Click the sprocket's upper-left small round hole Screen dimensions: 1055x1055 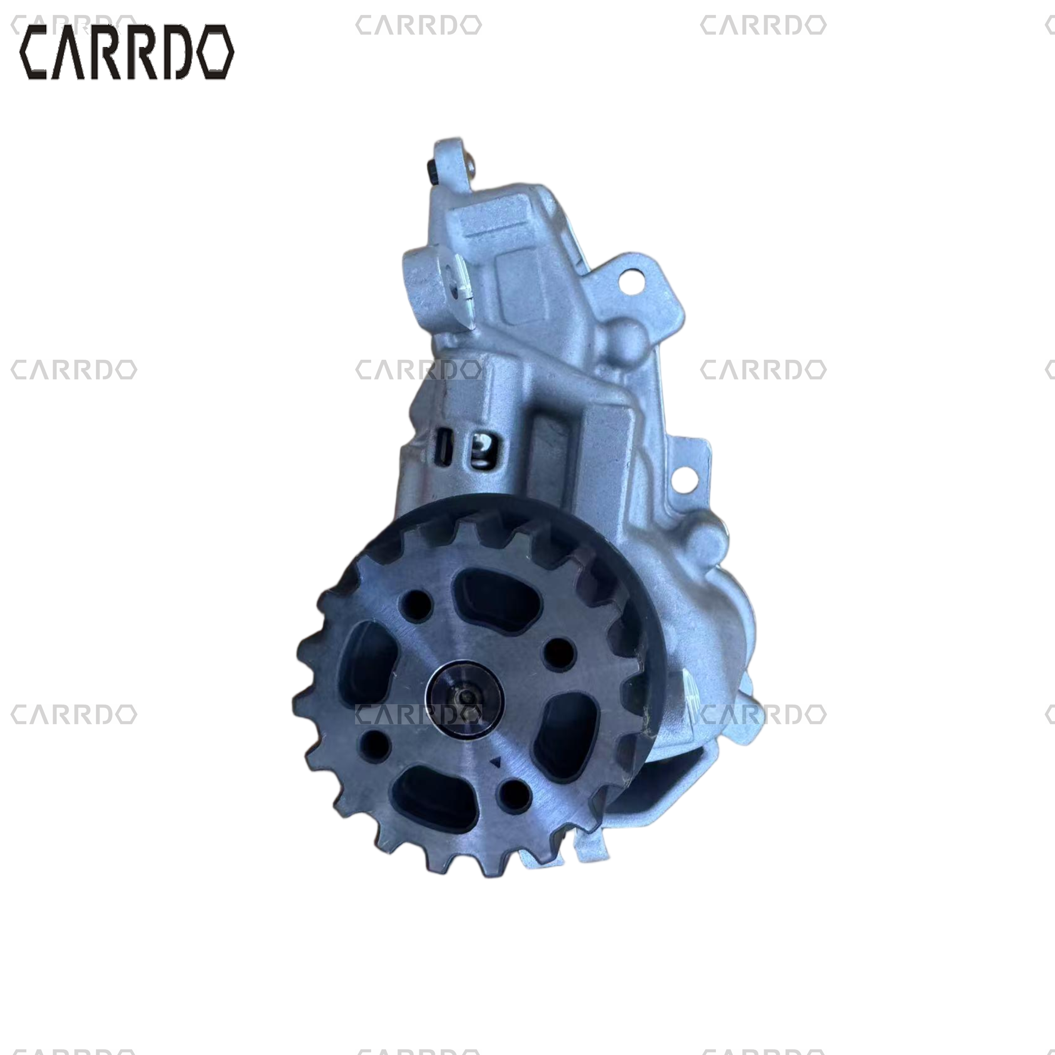[417, 605]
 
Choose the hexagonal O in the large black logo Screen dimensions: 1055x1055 [215, 53]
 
